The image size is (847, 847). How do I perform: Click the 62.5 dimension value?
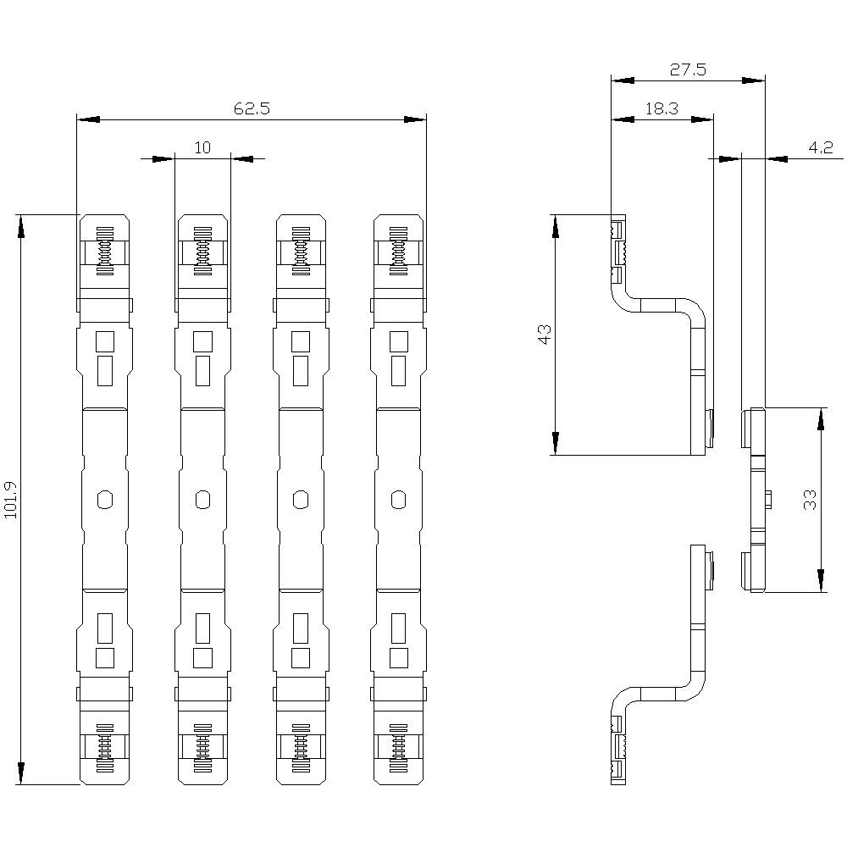[x=252, y=109]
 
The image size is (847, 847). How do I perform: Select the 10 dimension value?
[x=202, y=148]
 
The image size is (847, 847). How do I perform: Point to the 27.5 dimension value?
[x=688, y=70]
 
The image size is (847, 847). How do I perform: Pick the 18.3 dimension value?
[x=661, y=109]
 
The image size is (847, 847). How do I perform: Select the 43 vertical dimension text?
[x=545, y=334]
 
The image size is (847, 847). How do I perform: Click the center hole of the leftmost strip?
[x=104, y=500]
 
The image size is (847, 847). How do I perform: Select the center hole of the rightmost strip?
[x=398, y=500]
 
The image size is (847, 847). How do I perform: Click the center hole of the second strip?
[x=202, y=500]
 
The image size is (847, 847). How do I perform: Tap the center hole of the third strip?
[x=300, y=500]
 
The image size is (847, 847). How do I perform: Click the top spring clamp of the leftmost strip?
[x=104, y=252]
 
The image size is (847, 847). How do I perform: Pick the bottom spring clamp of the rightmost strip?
[x=398, y=749]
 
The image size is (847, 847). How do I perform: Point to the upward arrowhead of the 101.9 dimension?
[x=20, y=225]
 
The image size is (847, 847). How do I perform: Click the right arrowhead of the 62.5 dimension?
[x=414, y=119]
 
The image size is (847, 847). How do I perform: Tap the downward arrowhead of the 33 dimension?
[x=821, y=580]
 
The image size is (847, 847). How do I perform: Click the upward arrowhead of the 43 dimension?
[x=556, y=225]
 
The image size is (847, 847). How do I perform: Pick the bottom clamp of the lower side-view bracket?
[x=618, y=749]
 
